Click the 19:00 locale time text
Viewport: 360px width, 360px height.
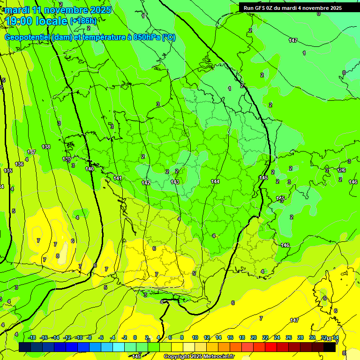coord(36,21)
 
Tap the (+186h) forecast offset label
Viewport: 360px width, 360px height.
coord(83,21)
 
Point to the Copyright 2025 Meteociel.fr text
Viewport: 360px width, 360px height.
coord(198,357)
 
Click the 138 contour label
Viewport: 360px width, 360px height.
coord(46,147)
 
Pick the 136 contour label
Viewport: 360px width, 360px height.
coord(19,164)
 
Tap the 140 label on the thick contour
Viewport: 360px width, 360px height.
coord(90,169)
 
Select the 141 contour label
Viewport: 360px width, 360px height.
coord(118,178)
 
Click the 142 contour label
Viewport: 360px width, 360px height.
coord(146,183)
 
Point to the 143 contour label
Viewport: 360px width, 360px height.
coord(175,182)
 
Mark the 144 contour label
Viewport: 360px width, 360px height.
coord(215,181)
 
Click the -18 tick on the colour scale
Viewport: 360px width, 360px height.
coord(32,337)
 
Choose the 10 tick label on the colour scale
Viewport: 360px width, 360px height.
coord(195,337)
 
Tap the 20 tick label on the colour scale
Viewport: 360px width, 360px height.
coord(254,337)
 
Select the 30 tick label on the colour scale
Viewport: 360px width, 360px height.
coord(312,337)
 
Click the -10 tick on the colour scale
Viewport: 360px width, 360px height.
coord(79,337)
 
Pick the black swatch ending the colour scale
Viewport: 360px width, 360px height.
coord(330,347)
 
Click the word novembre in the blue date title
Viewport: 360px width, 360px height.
coord(65,10)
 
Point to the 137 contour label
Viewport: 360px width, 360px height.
coord(31,152)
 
